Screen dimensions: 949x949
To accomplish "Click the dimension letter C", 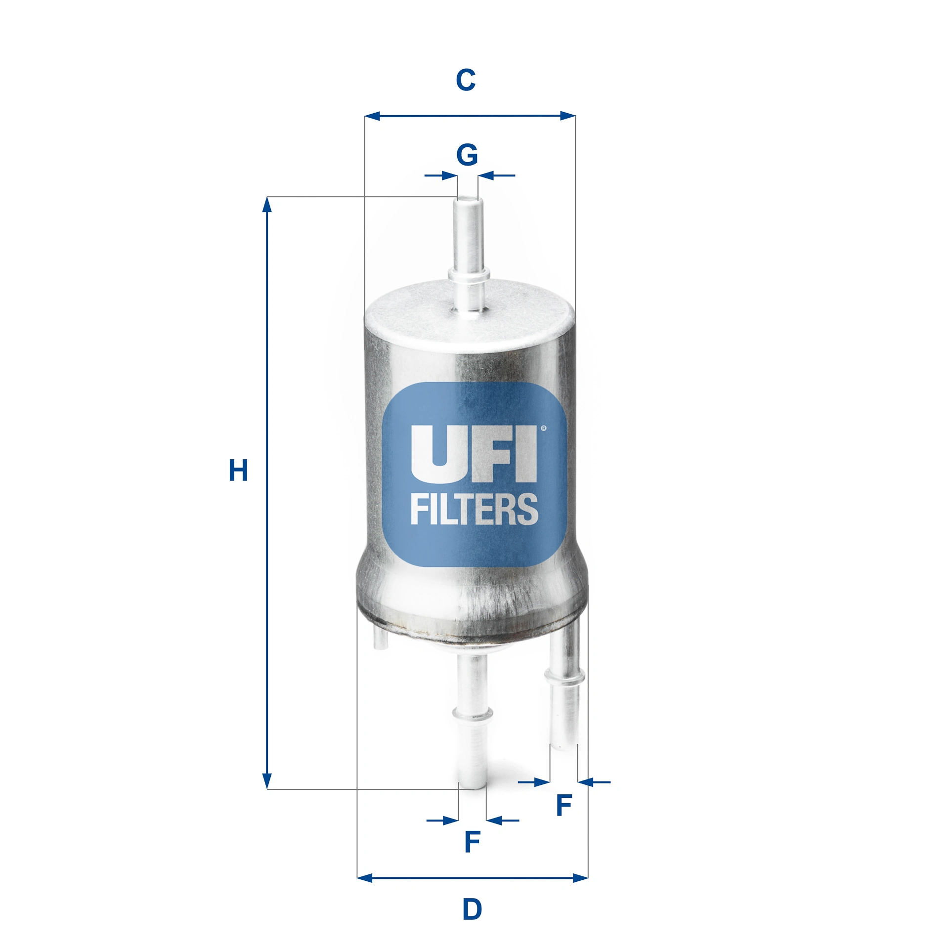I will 465,80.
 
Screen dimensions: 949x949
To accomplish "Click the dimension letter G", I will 467,155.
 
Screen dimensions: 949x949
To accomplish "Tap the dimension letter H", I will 238,471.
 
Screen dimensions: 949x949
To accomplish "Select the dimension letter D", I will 472,909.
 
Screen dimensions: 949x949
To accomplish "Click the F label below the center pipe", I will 472,842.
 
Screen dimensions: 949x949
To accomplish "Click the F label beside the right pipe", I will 563,806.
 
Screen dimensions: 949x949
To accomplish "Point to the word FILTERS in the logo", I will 474,510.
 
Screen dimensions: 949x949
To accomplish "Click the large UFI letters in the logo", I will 473,454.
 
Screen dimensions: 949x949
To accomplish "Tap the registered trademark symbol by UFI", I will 543,429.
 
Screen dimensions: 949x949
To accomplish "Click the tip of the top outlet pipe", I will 467,200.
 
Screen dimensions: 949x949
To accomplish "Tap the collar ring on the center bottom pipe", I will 473,713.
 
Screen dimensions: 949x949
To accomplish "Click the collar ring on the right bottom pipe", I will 564,675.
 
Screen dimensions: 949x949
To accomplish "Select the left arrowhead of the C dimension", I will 372,116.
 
